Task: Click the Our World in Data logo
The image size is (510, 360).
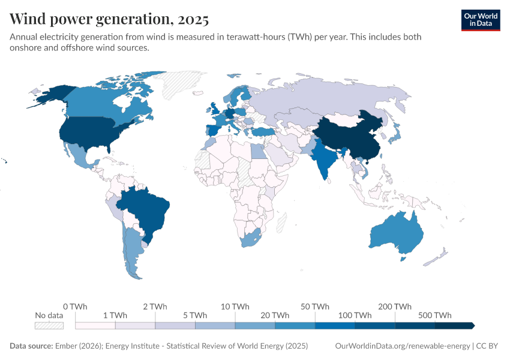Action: point(480,20)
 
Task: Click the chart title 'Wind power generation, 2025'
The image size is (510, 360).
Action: point(109,19)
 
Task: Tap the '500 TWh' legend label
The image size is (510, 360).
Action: point(435,316)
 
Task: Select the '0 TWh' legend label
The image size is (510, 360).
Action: point(75,307)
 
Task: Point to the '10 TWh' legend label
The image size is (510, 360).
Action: point(235,307)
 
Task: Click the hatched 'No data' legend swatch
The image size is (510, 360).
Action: point(49,326)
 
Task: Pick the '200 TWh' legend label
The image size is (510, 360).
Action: point(395,307)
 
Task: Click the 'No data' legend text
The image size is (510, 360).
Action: point(49,316)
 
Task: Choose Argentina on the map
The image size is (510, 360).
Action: point(133,252)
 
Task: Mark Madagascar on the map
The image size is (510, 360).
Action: point(280,223)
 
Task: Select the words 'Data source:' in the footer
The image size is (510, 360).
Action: point(31,346)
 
